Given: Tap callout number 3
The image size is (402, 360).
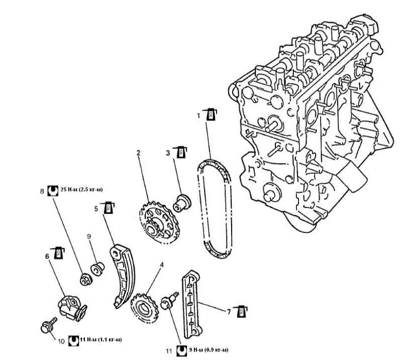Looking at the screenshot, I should click(x=169, y=151).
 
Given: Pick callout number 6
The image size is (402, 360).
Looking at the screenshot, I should click(x=47, y=256).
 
